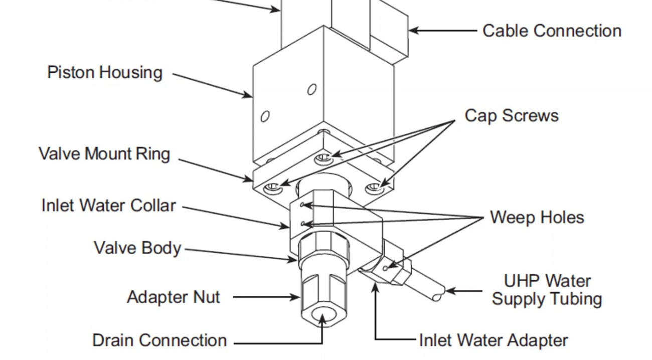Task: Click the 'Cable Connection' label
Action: [552, 31]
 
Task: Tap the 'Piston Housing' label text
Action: [105, 72]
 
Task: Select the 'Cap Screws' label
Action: [511, 115]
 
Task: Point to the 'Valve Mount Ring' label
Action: [104, 153]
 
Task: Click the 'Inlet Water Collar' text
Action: [108, 206]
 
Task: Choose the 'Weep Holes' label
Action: [537, 217]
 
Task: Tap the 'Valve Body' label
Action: [137, 248]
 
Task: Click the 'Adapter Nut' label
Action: [173, 297]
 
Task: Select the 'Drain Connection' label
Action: [159, 340]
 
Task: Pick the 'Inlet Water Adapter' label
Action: [494, 340]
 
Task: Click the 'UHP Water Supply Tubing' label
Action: [547, 289]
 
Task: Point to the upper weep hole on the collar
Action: [301, 205]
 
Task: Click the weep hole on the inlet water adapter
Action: [385, 268]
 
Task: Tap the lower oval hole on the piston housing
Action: [265, 116]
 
